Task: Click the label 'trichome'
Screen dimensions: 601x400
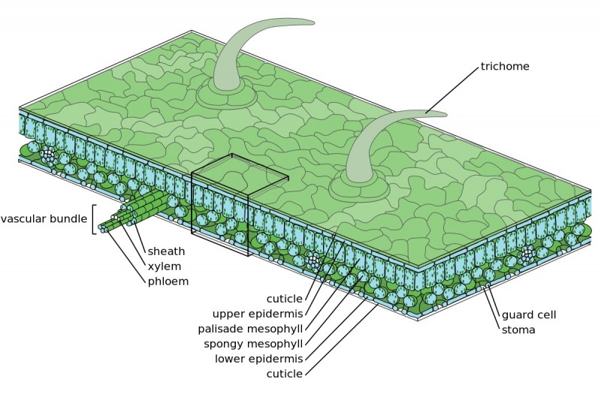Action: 505,67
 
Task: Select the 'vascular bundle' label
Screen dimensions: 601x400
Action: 44,219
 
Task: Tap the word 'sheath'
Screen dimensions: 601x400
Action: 166,251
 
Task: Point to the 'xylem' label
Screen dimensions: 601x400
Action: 165,266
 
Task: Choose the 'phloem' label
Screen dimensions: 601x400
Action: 168,281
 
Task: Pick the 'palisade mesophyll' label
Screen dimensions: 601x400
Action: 250,328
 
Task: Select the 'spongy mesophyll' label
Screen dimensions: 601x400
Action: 254,344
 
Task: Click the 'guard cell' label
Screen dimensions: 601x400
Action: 528,315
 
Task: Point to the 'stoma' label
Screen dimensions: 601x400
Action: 518,330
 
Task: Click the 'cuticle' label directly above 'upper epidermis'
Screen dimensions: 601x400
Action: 284,298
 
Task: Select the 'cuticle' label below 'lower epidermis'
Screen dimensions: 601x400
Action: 284,374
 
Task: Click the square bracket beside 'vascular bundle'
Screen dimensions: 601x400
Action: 95,219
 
